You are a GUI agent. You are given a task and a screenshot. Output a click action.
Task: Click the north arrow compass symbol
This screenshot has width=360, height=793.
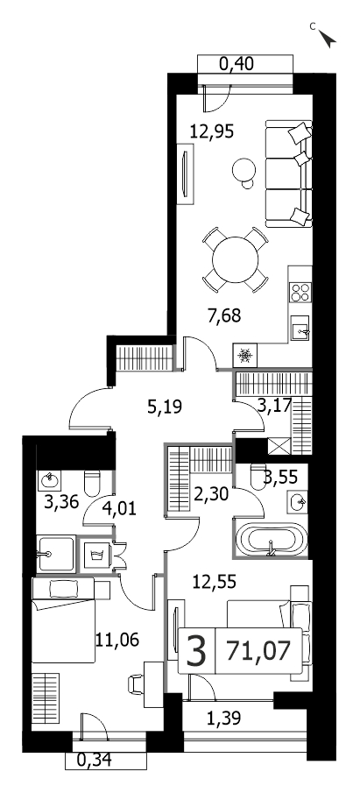tap(328, 39)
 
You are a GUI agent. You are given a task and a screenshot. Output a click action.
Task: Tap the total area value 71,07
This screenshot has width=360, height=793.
tap(258, 650)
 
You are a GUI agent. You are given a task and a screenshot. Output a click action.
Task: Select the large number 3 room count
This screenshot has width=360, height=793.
tap(196, 651)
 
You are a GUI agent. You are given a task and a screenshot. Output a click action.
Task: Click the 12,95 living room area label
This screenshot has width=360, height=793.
tap(212, 131)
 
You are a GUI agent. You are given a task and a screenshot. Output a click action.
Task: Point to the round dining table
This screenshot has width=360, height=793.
tap(235, 260)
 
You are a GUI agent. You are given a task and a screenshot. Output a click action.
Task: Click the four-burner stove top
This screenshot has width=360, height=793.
tap(300, 293)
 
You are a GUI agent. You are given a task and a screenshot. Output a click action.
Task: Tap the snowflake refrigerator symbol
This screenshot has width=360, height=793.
tap(245, 355)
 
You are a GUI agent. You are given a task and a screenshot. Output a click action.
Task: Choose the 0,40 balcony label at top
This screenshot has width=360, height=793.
tap(236, 64)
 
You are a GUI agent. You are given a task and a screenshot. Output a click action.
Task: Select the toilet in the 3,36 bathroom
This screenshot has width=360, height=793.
tap(92, 483)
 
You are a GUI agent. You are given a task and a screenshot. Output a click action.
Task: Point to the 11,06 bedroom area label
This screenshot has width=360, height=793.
tap(116, 640)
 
